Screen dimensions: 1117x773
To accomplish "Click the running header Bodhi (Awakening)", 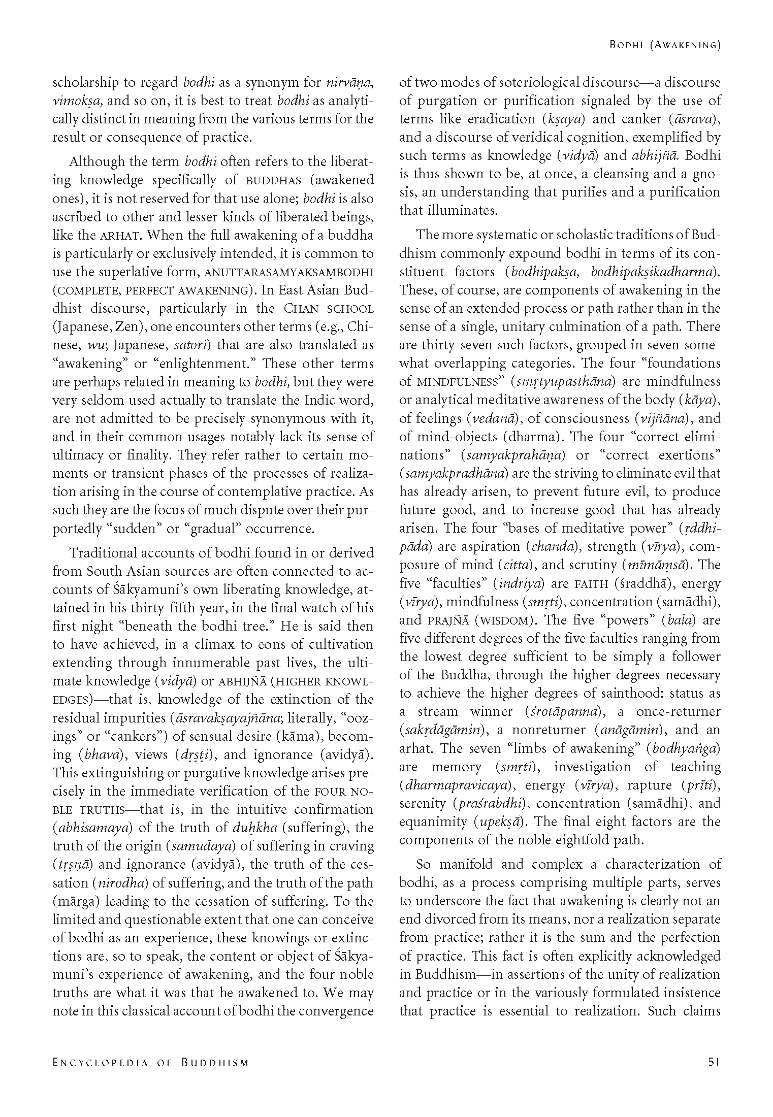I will coord(665,45).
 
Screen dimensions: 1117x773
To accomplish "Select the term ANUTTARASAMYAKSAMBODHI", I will coord(289,272).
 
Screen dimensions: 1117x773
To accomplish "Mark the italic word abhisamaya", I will coord(93,828).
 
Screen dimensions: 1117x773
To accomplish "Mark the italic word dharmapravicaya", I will coord(455,785).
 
